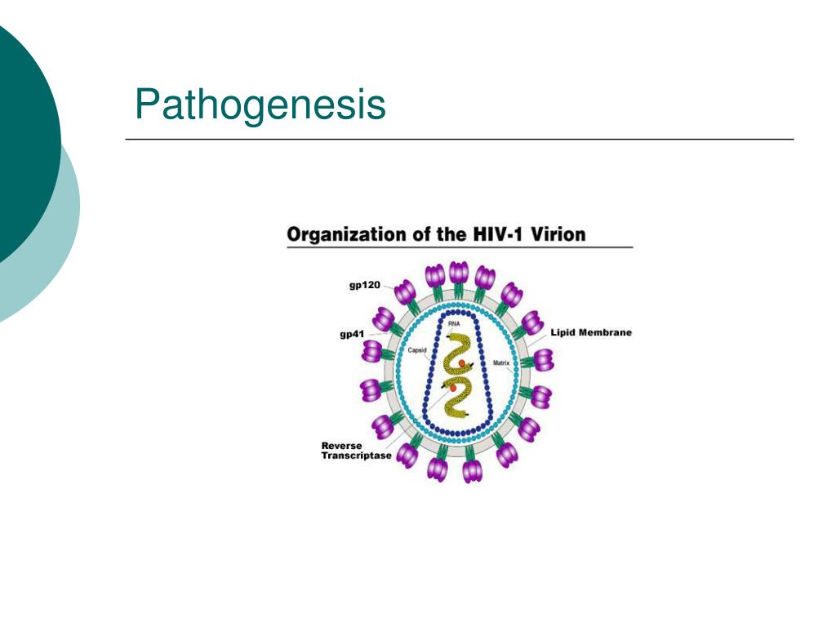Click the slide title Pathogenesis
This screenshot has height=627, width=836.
260,105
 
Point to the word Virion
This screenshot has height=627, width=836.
558,235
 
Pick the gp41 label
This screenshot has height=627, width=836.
354,335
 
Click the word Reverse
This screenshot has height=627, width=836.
341,446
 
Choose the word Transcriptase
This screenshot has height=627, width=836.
356,456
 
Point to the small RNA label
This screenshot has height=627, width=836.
454,324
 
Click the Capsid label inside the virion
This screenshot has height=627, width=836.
417,350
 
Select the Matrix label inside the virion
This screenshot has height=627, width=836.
501,362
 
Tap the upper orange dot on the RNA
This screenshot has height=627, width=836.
462,362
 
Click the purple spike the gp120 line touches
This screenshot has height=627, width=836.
405,291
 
